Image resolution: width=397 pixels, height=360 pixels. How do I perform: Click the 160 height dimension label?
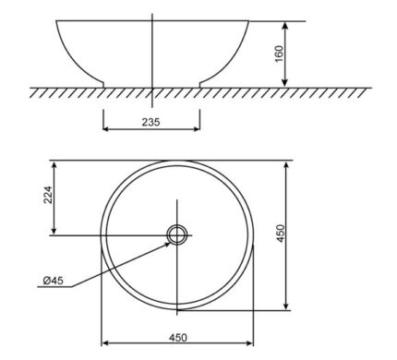pyautogui.click(x=279, y=54)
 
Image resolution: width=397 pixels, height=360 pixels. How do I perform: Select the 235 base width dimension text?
pyautogui.click(x=151, y=122)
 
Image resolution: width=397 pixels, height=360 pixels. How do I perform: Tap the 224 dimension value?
pyautogui.click(x=48, y=195)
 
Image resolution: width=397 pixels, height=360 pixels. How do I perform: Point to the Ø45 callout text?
pyautogui.click(x=53, y=281)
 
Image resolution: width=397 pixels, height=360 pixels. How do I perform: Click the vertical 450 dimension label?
pyautogui.click(x=282, y=234)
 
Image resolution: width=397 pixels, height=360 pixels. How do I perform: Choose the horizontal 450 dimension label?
pyautogui.click(x=178, y=338)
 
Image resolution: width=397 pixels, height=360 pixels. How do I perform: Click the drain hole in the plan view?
pyautogui.click(x=177, y=235)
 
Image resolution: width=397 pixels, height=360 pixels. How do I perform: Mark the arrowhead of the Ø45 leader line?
pyautogui.click(x=167, y=245)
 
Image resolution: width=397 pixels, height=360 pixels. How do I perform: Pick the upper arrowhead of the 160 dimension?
pyautogui.click(x=285, y=25)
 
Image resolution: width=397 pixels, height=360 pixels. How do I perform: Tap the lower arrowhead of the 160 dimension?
pyautogui.click(x=285, y=83)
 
